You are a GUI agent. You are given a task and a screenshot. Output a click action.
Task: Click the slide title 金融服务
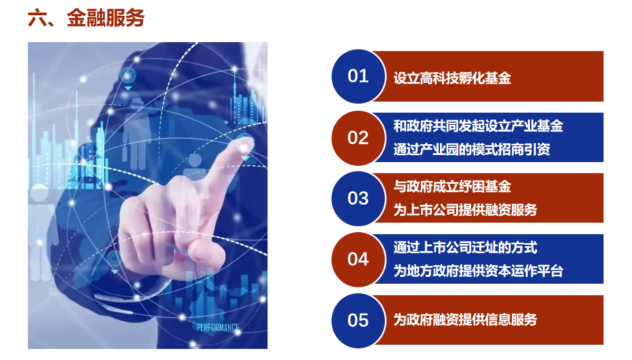tap(106, 18)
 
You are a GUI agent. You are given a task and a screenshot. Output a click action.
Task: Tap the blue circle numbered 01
tap(358, 76)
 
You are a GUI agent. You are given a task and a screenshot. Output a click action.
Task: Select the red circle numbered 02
tap(358, 138)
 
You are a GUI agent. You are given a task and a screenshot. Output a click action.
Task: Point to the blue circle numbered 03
tap(358, 198)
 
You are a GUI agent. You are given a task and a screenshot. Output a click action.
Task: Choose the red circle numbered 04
tap(358, 259)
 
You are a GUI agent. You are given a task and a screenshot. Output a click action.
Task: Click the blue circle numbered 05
tap(358, 321)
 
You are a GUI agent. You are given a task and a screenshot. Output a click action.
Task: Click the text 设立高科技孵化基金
tap(452, 78)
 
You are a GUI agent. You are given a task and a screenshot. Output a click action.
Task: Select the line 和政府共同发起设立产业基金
tap(478, 126)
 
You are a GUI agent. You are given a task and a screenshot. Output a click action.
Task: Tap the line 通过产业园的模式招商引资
tap(472, 149)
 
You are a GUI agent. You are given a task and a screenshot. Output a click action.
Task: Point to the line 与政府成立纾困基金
tap(452, 186)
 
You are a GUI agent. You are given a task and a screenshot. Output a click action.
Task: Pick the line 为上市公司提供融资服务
tap(465, 210)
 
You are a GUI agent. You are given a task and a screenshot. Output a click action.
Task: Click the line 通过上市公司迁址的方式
tap(465, 247)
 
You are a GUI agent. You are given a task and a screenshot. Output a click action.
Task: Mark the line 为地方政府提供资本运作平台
tap(478, 271)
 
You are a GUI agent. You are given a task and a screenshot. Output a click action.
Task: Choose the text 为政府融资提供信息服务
tap(465, 319)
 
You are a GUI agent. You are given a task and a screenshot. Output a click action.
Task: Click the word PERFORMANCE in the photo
tap(218, 327)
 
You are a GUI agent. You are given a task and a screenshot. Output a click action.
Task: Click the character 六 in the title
tap(37, 18)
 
